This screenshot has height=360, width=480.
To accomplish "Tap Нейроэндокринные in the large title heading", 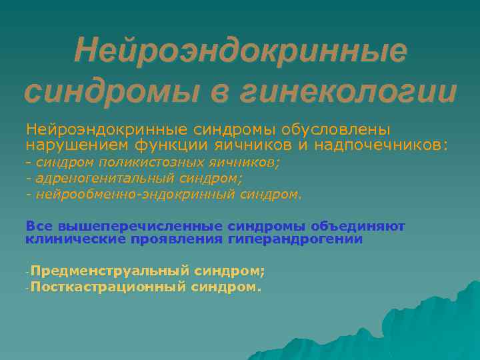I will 240,51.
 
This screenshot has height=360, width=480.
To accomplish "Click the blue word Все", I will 39,227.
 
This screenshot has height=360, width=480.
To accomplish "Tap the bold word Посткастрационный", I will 108,287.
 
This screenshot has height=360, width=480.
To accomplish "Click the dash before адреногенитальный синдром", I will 29,179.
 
